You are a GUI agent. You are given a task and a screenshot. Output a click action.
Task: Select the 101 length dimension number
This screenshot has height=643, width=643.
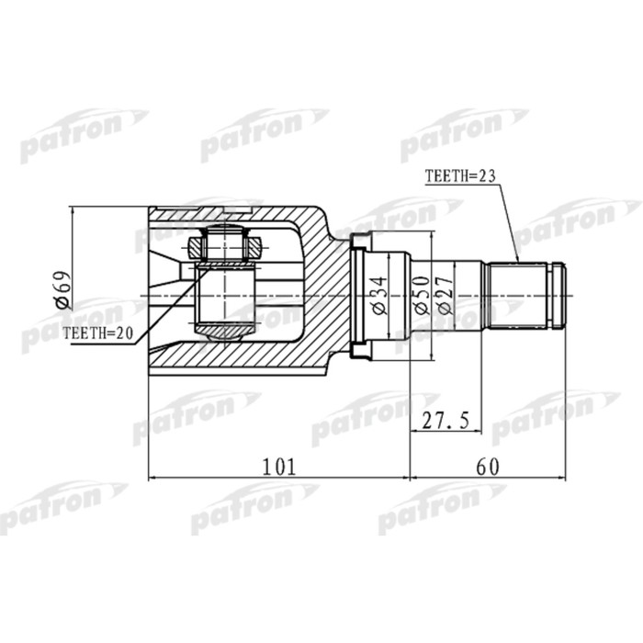pos(279,466)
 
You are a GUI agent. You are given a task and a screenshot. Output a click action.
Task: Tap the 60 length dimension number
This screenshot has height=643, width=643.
pos(488,466)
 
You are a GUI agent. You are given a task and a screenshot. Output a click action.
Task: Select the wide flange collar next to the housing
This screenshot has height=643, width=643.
pos(359,295)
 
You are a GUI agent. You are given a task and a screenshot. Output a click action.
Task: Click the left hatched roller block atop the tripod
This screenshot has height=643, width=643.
pos(197,246)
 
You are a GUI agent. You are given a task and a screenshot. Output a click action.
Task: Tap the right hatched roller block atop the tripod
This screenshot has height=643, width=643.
pos(253,246)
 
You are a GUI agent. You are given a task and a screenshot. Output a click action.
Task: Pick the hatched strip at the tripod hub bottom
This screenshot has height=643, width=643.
pos(224,329)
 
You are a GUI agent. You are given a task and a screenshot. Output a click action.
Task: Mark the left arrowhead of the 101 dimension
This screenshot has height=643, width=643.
pos(153,478)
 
